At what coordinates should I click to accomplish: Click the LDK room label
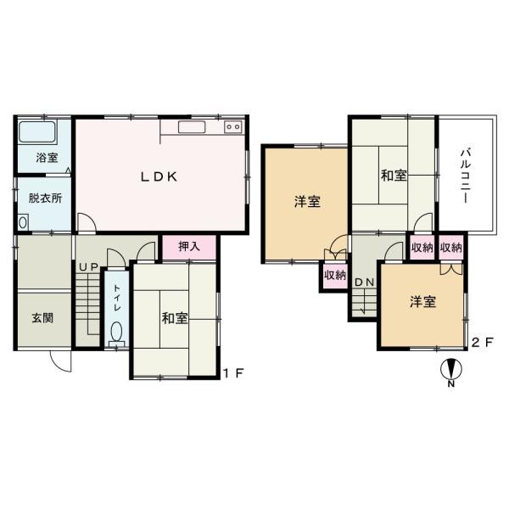click(x=158, y=176)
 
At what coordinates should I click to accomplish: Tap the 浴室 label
click(x=47, y=158)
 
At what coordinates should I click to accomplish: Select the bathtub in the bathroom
click(x=36, y=132)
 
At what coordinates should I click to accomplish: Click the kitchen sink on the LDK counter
click(x=193, y=127)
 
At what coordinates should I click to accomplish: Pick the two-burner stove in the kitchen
click(x=233, y=127)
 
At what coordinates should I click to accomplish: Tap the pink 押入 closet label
click(x=189, y=247)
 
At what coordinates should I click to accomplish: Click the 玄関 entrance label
click(x=43, y=318)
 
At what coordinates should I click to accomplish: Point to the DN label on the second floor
click(x=365, y=282)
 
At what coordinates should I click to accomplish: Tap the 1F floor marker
click(x=233, y=373)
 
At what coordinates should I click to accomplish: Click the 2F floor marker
click(x=481, y=343)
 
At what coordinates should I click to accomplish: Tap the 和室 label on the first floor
click(x=175, y=318)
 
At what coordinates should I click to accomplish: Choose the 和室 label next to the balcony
click(x=393, y=176)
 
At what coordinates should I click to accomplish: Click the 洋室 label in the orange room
click(x=307, y=201)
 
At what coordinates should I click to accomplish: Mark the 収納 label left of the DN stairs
click(x=334, y=275)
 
